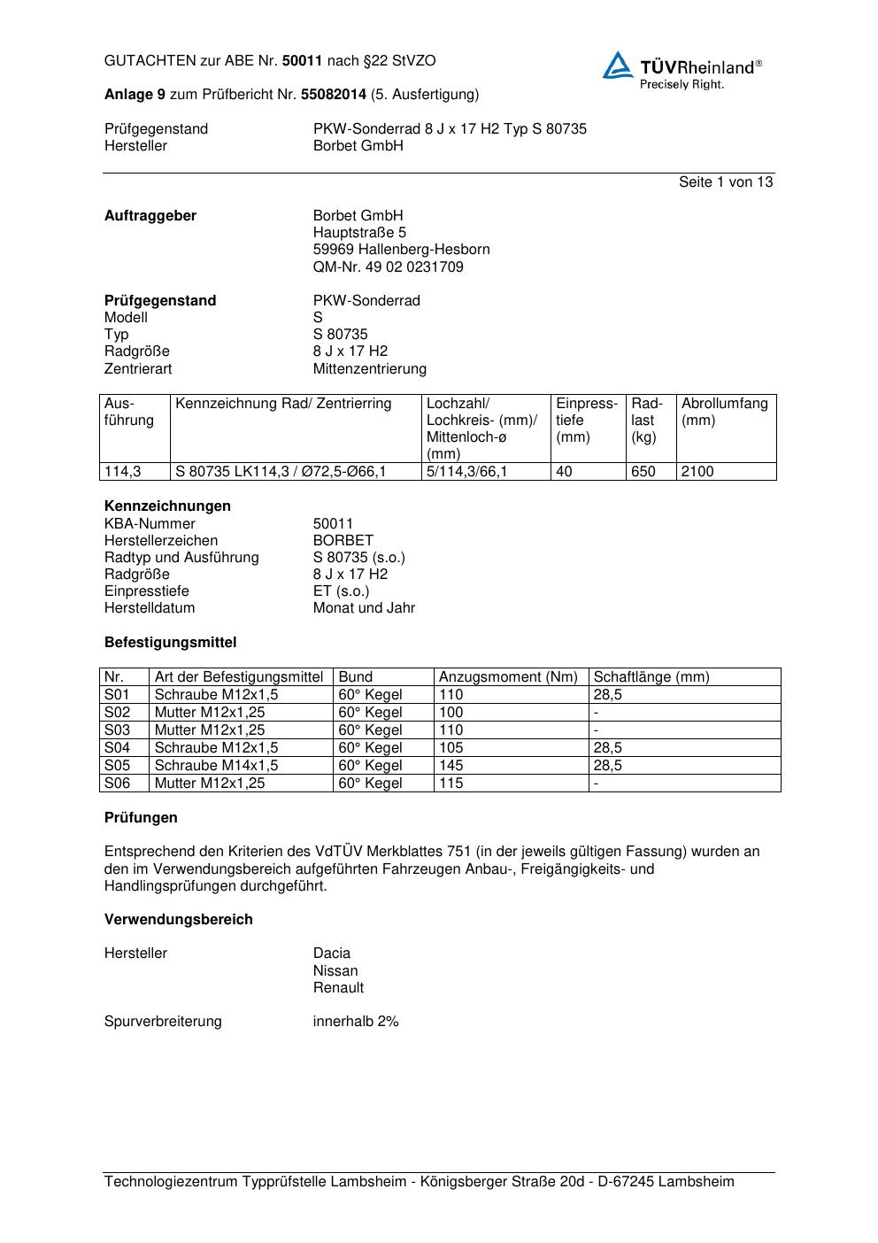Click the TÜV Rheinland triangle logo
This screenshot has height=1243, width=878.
pos(618,66)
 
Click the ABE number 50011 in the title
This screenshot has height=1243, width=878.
pos(303,61)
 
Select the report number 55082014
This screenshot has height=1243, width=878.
pos(334,94)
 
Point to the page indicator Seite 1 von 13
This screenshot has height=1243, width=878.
pos(725,181)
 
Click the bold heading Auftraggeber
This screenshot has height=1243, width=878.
pos(150,215)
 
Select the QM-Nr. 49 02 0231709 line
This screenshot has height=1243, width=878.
pos(388,266)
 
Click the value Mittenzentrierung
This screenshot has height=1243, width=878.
pos(369,368)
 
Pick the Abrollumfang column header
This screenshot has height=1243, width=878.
pos(724,404)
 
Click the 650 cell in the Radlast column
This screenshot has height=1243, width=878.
pos(643,471)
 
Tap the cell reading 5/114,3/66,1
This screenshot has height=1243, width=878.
pos(466,471)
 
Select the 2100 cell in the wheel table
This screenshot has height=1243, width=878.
pos(697,471)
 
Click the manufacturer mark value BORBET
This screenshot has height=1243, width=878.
pos(343,540)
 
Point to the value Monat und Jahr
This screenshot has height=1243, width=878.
pos(364,607)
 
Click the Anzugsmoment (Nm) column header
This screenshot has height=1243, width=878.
pos(508,676)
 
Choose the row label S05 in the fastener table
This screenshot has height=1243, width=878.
pos(117,765)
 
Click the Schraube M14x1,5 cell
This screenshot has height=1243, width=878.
pos(216,765)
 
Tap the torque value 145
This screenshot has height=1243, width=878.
pos(451,765)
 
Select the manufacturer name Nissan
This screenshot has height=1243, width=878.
pos(335,970)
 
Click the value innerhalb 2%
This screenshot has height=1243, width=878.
pos(356,1021)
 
